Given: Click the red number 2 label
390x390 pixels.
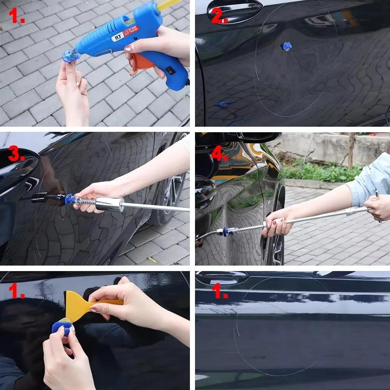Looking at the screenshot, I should click(219, 16).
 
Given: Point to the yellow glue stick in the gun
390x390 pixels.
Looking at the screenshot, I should click(168, 5).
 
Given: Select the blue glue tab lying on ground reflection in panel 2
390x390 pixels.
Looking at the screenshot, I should click(223, 104).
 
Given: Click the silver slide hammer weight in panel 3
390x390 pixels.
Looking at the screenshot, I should click(110, 204).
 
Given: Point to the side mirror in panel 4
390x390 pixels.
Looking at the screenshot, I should click(257, 137).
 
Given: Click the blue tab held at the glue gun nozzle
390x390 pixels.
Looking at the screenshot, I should click(68, 57).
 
